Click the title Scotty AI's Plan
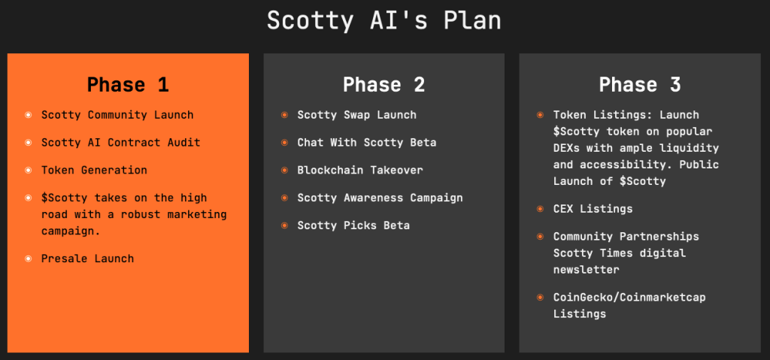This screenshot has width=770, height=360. [x=384, y=21]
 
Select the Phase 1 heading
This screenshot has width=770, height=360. [x=128, y=84]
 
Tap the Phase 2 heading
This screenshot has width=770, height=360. [x=384, y=84]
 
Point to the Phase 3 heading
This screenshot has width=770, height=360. [x=640, y=84]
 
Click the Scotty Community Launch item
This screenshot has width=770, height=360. [x=117, y=116]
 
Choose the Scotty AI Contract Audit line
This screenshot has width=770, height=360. [x=121, y=143]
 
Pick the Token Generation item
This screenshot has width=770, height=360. [x=94, y=171]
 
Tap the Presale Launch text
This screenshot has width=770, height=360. [x=87, y=259]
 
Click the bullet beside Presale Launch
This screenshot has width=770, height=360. [x=29, y=259]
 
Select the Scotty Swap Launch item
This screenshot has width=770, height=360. [x=356, y=116]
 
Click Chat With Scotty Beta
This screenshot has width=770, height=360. [x=367, y=143]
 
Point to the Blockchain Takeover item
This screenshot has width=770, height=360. [x=360, y=171]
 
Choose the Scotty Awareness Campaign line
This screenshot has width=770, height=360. [x=380, y=198]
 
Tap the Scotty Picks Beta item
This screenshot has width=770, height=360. [x=353, y=225]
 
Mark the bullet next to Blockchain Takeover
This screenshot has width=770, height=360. [x=284, y=171]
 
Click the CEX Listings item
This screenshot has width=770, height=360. [x=593, y=209]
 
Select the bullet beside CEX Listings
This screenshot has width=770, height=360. [x=540, y=209]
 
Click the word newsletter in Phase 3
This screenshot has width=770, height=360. [x=587, y=270]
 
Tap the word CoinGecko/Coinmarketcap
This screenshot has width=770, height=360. [x=629, y=297]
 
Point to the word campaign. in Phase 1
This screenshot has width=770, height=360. [x=71, y=231]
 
